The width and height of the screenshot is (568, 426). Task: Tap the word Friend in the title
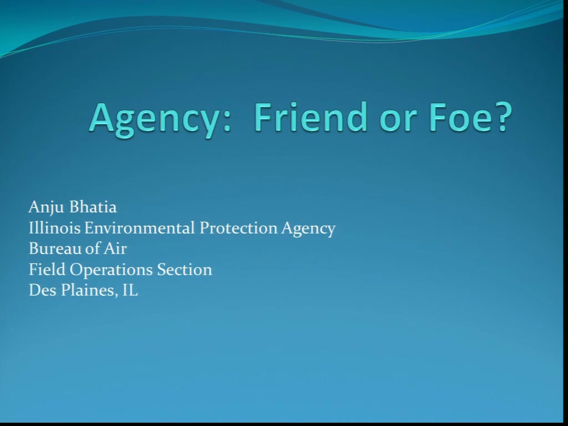[311, 116]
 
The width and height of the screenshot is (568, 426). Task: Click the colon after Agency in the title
[227, 122]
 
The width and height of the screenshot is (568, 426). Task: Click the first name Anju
[46, 207]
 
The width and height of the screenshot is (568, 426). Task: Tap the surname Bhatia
[93, 207]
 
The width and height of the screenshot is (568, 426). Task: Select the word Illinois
[54, 228]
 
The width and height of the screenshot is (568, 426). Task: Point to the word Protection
[239, 228]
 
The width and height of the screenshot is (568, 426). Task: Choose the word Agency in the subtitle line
[308, 229]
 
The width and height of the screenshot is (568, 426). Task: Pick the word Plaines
[89, 291]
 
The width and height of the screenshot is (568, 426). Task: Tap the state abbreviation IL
[130, 291]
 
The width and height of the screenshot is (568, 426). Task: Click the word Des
[42, 291]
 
